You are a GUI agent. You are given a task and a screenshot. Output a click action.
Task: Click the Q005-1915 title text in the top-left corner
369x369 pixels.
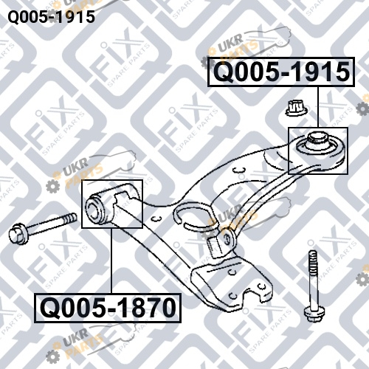[x=52, y=17]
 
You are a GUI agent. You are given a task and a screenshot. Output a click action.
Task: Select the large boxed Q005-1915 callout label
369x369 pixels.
[x=281, y=72]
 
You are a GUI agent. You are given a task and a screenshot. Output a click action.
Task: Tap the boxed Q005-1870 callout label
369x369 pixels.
[x=108, y=308]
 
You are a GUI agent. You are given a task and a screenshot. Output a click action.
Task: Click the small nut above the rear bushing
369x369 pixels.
[x=297, y=108]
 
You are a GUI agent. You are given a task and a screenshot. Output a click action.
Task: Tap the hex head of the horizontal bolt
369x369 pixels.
[x=17, y=233]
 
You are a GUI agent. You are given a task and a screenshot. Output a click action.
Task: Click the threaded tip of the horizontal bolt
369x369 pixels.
[x=70, y=218]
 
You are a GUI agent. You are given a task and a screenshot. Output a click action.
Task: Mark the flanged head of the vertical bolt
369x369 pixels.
[x=313, y=314]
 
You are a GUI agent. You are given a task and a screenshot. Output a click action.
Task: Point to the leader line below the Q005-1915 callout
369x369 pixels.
[x=317, y=107]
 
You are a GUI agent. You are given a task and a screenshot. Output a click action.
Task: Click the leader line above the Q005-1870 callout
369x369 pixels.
[x=111, y=261]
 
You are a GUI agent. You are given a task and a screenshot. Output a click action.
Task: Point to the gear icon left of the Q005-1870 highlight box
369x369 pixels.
[x=52, y=186]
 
